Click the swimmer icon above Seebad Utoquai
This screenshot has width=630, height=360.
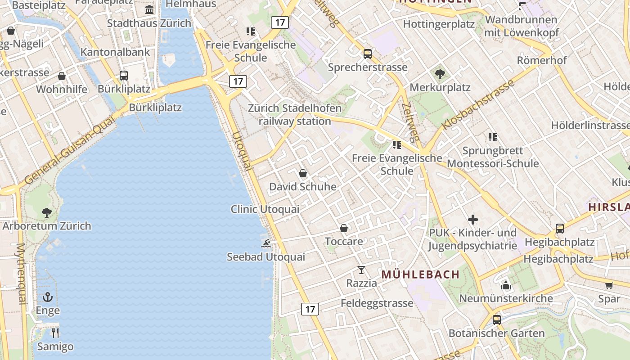pos(266,243)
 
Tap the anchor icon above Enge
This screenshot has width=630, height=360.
pos(48,297)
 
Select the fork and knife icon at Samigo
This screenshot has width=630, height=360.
pos(55,333)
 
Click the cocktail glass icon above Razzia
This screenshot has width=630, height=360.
pos(361,270)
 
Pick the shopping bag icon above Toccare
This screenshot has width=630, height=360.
pos(344,228)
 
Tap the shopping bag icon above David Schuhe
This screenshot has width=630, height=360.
pos(303,173)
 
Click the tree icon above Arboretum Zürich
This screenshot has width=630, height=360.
pos(46,212)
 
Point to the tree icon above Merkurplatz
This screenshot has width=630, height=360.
pos(440,74)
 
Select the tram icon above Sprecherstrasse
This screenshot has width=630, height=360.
pos(368,54)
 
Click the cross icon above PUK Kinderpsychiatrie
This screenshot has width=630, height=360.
pos(473,220)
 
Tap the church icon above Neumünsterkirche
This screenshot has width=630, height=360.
pos(506,285)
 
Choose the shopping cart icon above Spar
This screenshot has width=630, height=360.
pos(609,285)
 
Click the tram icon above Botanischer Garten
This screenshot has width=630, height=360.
pos(497,320)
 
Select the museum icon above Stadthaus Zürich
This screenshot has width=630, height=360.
pos(149,10)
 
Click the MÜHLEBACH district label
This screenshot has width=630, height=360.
pos(420,274)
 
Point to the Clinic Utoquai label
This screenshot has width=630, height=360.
pos(265,209)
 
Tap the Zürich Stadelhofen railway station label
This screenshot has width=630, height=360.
pos(295,115)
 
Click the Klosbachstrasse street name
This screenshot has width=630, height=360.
pos(478,105)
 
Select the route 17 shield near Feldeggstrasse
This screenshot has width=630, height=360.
pos(310,309)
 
